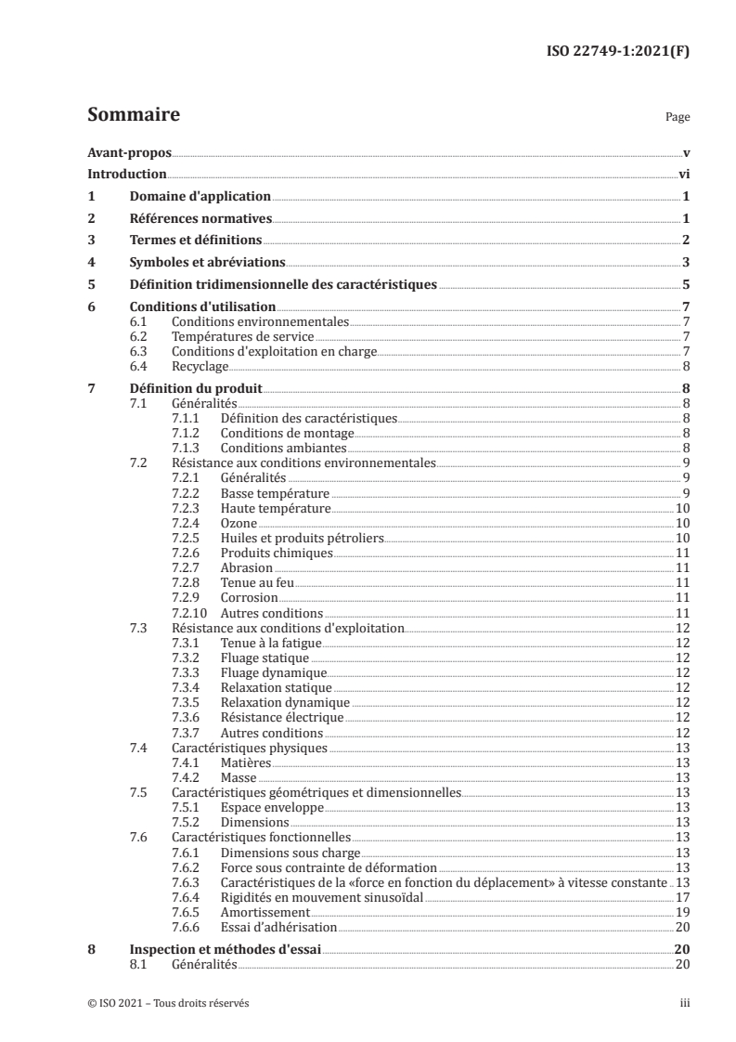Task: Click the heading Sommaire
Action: coord(133,115)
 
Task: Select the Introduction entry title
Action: coord(126,174)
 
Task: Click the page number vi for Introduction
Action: coord(683,174)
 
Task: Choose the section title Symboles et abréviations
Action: coord(206,263)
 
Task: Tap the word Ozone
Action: coord(239,524)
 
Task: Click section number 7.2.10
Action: coord(189,613)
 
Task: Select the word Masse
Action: coord(239,777)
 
